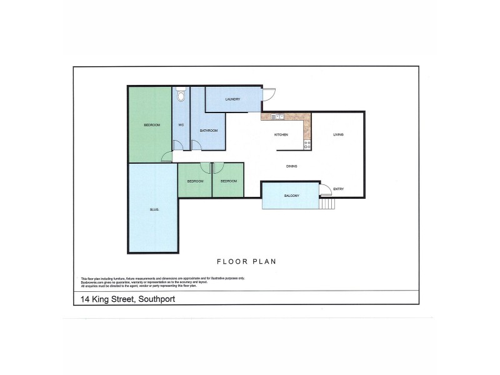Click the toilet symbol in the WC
pyautogui.click(x=181, y=95)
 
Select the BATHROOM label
pyautogui.click(x=208, y=131)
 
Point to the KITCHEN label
pyautogui.click(x=281, y=135)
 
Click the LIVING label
pyautogui.click(x=338, y=135)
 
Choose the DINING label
pyautogui.click(x=291, y=166)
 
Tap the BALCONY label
pyautogui.click(x=291, y=196)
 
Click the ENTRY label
pyautogui.click(x=338, y=189)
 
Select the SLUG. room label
pyautogui.click(x=153, y=209)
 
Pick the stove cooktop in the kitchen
pyautogui.click(x=307, y=144)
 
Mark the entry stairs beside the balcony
pyautogui.click(x=327, y=202)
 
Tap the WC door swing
pyautogui.click(x=178, y=146)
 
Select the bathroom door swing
pyautogui.click(x=196, y=146)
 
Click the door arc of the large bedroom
pyautogui.click(x=166, y=157)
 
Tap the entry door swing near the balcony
pyautogui.click(x=326, y=189)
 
